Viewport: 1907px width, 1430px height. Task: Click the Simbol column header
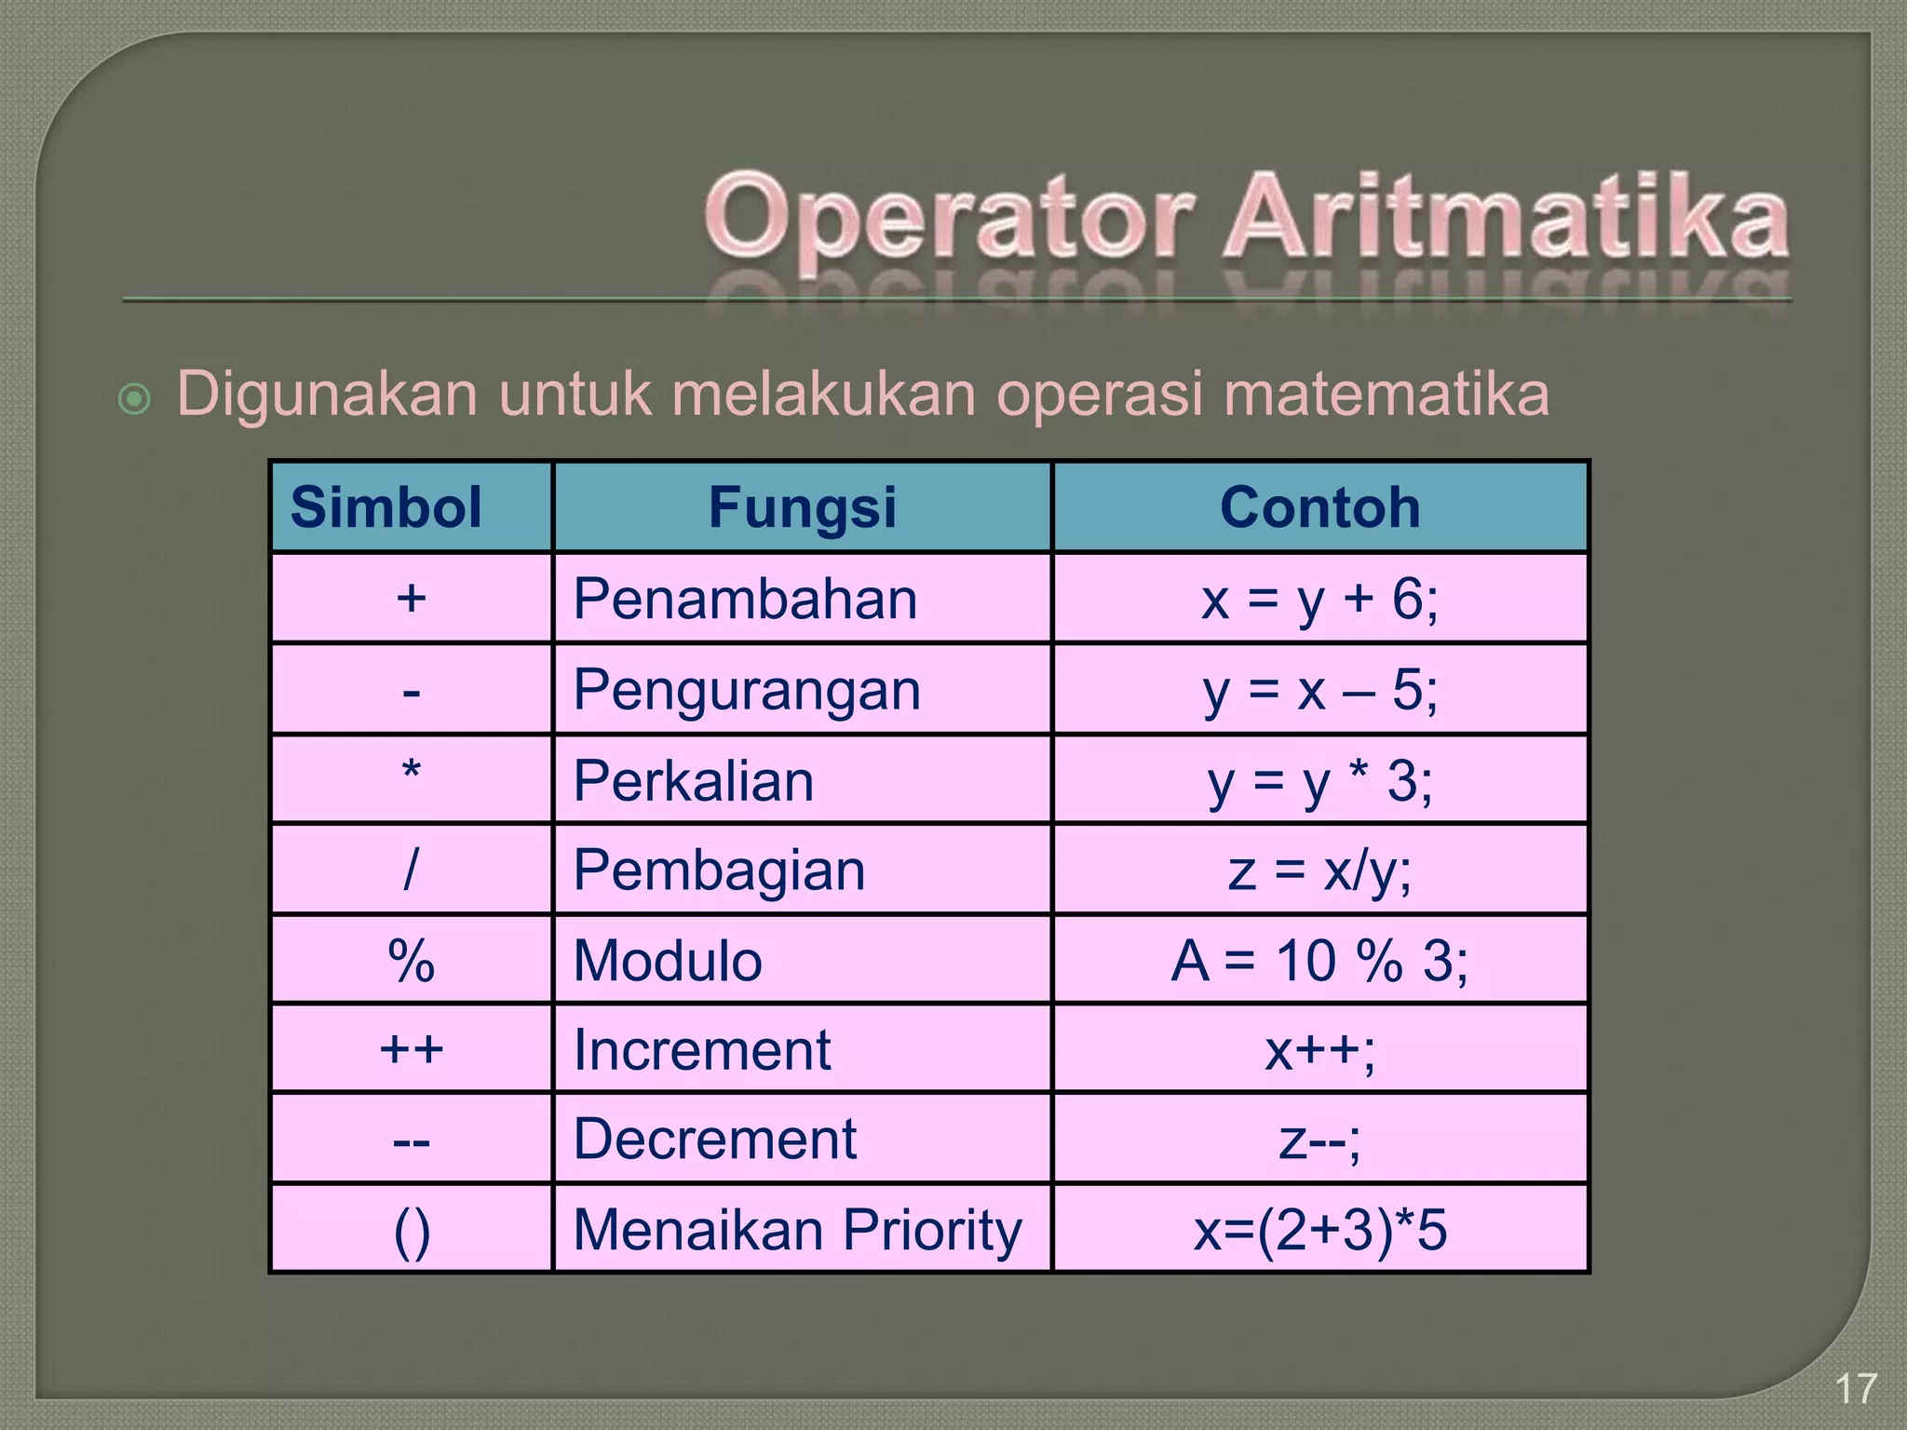385,507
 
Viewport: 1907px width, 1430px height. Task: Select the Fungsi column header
802,507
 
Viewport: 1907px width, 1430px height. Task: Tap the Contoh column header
1319,507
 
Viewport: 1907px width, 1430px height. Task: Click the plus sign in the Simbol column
411,598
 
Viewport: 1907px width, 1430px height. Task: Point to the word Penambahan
745,599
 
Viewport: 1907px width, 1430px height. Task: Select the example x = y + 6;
1319,599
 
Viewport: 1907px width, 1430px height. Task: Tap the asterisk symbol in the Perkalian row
411,773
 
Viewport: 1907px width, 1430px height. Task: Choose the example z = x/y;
1319,870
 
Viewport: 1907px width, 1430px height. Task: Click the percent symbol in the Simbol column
411,961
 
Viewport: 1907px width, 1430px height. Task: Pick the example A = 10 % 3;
1319,961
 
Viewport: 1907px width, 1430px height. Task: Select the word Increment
701,1050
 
